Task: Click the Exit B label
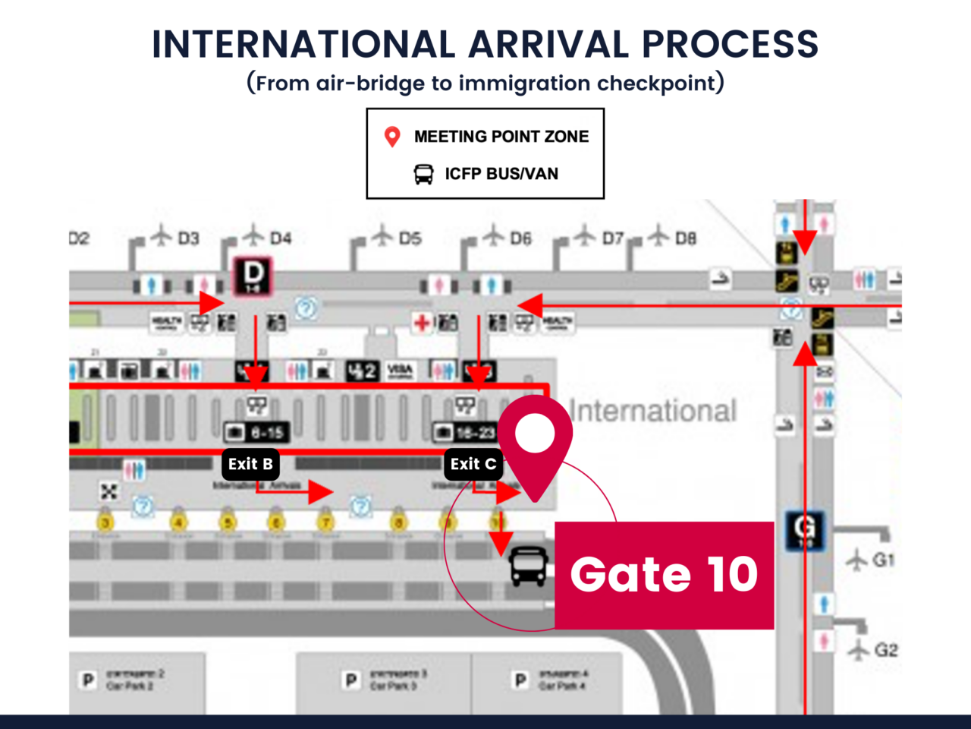(x=250, y=464)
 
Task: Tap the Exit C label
(x=473, y=464)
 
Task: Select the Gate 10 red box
(x=664, y=575)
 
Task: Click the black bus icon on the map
(x=528, y=566)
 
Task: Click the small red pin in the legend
(x=392, y=137)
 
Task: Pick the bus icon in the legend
(x=423, y=174)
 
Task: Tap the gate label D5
(x=410, y=238)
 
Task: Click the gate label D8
(x=685, y=238)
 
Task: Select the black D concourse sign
(x=253, y=275)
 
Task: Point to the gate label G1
(x=883, y=560)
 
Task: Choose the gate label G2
(x=885, y=650)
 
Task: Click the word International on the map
(x=653, y=411)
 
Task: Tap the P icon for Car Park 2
(x=88, y=680)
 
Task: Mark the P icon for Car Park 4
(x=520, y=680)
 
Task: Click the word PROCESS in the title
(x=730, y=44)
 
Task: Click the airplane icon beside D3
(x=161, y=235)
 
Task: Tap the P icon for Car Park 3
(x=351, y=680)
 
